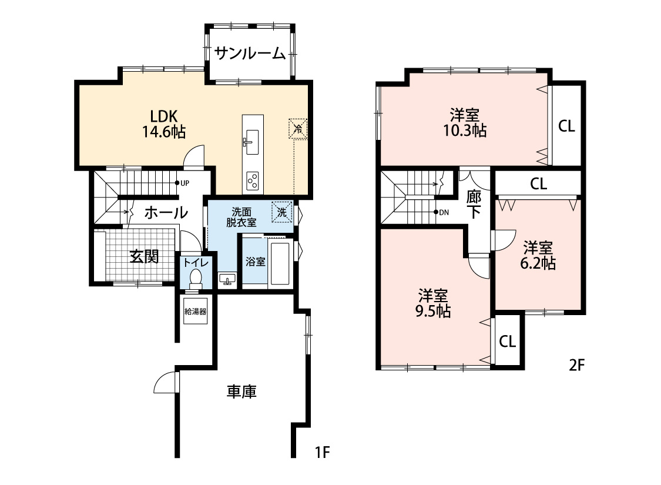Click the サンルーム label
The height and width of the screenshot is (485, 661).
point(250,53)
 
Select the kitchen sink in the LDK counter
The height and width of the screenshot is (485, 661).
point(252,142)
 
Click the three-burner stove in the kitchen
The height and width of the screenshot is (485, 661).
point(253,180)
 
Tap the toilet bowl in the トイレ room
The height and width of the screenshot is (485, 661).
point(196,277)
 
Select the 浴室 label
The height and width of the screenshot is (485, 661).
point(255,262)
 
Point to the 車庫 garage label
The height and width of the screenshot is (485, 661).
point(241,392)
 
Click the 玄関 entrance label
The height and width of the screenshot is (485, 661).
point(145,257)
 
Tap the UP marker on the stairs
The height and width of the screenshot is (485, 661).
point(181,183)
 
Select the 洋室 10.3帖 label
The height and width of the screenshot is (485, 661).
point(464,122)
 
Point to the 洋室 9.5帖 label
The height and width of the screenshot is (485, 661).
point(433,303)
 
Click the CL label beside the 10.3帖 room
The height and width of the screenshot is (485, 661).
point(566,126)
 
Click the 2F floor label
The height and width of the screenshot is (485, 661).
point(577,366)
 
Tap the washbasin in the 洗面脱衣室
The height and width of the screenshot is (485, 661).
point(226,279)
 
